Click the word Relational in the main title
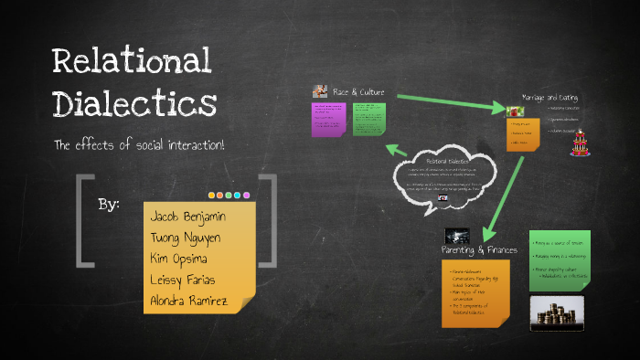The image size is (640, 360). point(132,61)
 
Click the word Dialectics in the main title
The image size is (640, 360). point(134,102)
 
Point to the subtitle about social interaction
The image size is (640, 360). point(140,146)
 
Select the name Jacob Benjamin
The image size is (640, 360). point(189,217)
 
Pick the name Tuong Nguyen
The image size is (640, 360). point(186,237)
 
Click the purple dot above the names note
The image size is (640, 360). point(247,195)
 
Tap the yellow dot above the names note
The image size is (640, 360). point(219,195)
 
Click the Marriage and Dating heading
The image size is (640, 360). point(549,97)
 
